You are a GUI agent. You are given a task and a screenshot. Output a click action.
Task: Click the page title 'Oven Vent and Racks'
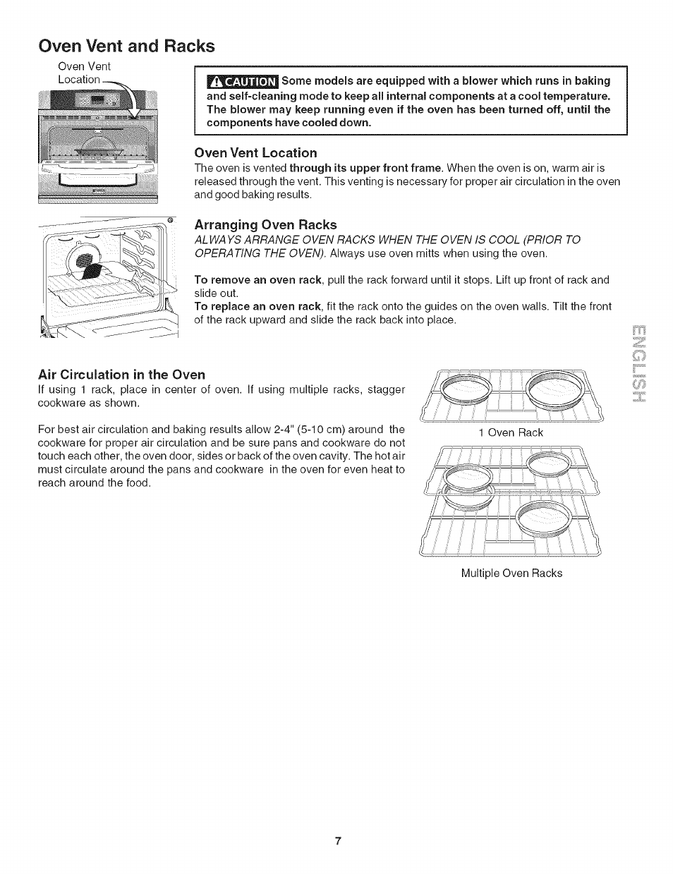126,46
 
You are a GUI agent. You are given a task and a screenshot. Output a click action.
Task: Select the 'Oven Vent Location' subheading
255,153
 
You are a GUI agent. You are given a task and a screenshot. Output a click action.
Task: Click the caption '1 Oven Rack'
511,432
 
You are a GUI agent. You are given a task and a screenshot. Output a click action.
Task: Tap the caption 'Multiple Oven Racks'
511,573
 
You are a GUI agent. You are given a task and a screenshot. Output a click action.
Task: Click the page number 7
339,841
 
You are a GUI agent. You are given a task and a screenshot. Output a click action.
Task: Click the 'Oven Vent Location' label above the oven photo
84,73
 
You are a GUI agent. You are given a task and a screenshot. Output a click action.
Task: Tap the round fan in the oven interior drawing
84,265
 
